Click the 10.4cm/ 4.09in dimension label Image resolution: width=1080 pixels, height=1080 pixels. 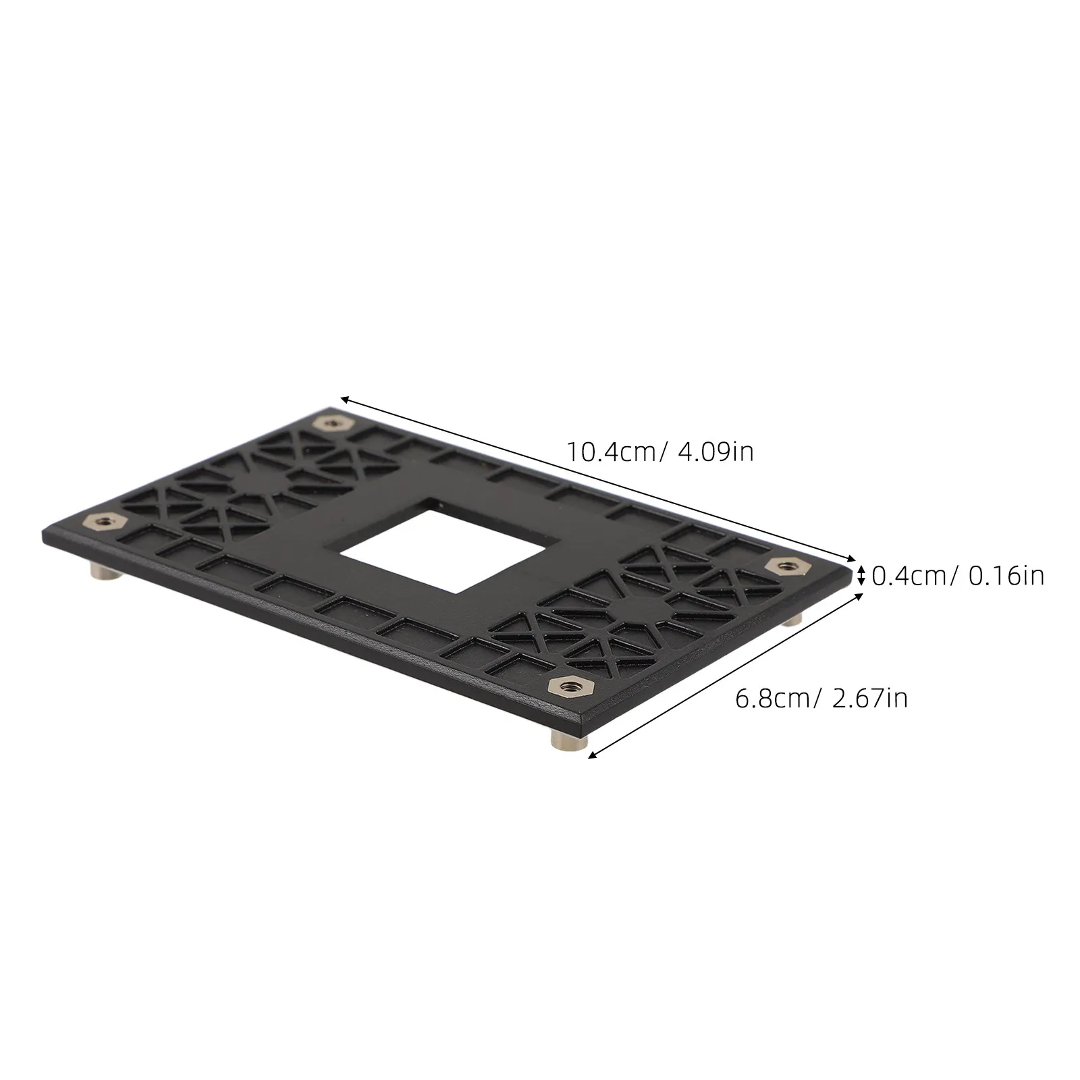pyautogui.click(x=659, y=451)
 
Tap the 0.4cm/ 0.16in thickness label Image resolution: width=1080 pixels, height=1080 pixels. pyautogui.click(x=958, y=576)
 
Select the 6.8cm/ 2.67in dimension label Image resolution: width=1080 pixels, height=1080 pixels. pyautogui.click(x=821, y=697)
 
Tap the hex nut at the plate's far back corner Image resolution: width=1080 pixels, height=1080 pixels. pyautogui.click(x=331, y=423)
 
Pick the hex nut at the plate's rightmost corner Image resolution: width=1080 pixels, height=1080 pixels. pyautogui.click(x=784, y=566)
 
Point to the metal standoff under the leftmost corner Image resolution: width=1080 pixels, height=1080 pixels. pyautogui.click(x=105, y=572)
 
